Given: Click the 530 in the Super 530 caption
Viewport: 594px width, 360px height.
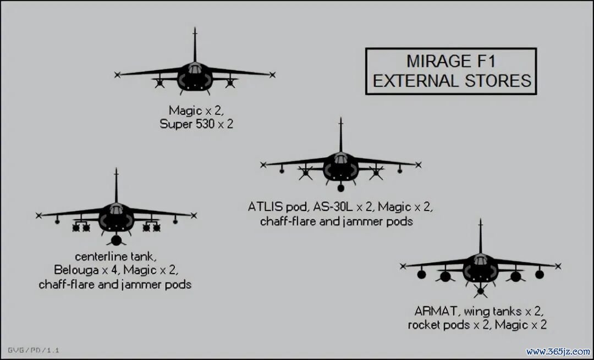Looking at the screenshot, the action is [x=205, y=124].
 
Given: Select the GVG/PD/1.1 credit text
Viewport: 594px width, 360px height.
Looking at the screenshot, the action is [x=34, y=350].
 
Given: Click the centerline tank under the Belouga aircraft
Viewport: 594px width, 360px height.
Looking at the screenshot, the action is [x=116, y=240].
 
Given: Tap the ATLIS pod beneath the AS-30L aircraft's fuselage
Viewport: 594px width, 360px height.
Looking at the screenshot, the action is [x=340, y=187].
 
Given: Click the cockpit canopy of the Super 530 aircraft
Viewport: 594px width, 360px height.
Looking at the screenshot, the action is [x=195, y=68].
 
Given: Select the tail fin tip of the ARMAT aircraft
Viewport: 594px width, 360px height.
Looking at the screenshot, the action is [x=480, y=219].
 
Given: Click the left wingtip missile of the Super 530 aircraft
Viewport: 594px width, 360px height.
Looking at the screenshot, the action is [x=117, y=75].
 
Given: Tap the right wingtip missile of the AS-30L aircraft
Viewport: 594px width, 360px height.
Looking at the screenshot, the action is [x=418, y=165].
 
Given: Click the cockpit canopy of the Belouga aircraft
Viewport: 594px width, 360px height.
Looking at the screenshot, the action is [x=116, y=209].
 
